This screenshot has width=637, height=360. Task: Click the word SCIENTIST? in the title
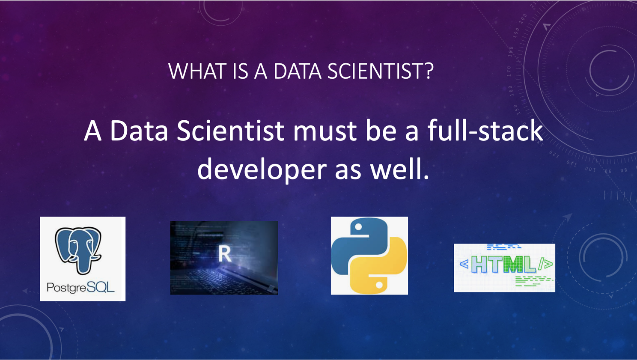coord(381,71)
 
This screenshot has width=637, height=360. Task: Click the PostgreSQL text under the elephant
coord(81,288)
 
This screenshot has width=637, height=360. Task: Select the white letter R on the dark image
coord(225,254)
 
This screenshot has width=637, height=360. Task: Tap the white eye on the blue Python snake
coord(358,226)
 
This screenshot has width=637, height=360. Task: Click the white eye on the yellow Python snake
coord(379,285)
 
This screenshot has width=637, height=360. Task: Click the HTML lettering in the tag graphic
coord(503,265)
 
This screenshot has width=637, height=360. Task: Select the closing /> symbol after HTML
coord(545,264)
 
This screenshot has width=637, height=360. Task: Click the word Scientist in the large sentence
coord(230,131)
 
